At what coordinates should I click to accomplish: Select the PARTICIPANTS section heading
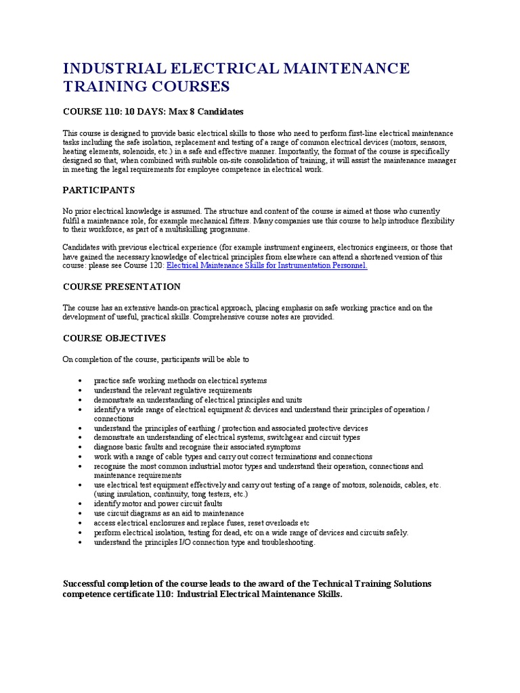pos(99,190)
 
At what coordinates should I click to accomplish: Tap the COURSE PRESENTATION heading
pos(122,287)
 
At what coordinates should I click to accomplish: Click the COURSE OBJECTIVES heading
pos(114,338)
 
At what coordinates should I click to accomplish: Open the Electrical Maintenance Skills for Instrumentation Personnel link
pos(267,266)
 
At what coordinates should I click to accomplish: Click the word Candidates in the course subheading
pos(219,112)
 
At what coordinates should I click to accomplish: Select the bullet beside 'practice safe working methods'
pos(80,381)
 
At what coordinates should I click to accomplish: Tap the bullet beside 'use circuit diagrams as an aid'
pos(80,514)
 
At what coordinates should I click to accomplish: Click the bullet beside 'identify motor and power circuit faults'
pos(80,504)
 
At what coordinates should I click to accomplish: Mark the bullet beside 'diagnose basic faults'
pos(80,447)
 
